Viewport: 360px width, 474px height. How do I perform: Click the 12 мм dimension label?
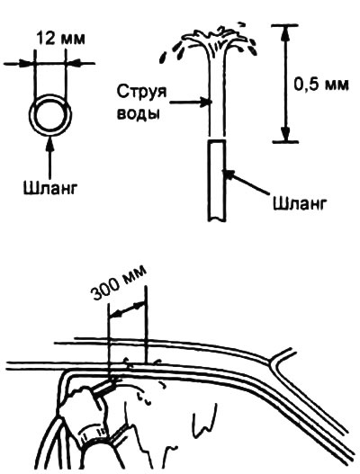click(61, 39)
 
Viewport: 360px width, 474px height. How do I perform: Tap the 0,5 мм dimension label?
click(321, 85)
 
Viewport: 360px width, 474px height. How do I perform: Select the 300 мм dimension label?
click(119, 283)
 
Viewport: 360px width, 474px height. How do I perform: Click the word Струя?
click(141, 92)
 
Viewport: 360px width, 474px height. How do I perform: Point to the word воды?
click(138, 113)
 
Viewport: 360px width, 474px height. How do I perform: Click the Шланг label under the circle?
click(50, 188)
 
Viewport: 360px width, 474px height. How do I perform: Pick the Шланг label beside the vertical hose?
click(300, 203)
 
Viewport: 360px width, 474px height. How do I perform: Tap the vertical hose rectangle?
click(217, 180)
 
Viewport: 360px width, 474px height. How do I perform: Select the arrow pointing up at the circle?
click(50, 157)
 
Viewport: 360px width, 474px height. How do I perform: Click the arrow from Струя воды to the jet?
click(190, 103)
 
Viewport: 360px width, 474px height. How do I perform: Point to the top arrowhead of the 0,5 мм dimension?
click(284, 34)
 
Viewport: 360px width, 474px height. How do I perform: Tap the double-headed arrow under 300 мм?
click(127, 309)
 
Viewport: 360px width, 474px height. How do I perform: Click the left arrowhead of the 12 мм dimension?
click(26, 64)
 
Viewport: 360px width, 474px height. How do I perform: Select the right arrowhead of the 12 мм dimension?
click(74, 64)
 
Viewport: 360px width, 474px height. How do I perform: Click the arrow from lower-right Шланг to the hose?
click(245, 182)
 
